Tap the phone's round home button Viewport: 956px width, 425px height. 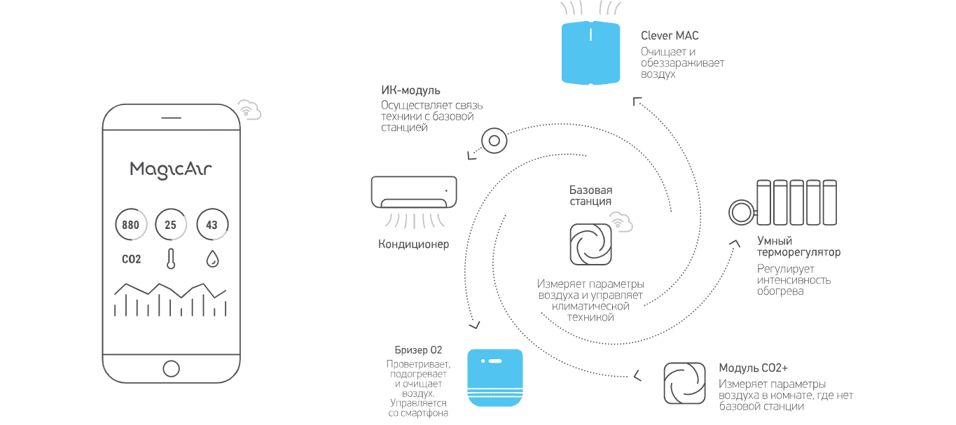pyautogui.click(x=171, y=368)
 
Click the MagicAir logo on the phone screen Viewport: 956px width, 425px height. pyautogui.click(x=171, y=169)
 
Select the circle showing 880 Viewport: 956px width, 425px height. pyautogui.click(x=130, y=225)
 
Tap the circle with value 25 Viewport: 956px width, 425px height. pyautogui.click(x=171, y=225)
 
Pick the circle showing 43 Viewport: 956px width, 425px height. pyautogui.click(x=212, y=225)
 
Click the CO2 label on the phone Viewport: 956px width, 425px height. pyautogui.click(x=131, y=259)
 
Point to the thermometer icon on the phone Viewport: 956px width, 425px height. pyautogui.click(x=170, y=259)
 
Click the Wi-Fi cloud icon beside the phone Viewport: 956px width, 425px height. pyautogui.click(x=249, y=110)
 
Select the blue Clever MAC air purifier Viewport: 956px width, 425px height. pyautogui.click(x=592, y=53)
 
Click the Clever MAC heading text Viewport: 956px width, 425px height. pyautogui.click(x=670, y=36)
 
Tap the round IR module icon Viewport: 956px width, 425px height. pyautogui.click(x=494, y=141)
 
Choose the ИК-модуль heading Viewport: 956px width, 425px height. pyautogui.click(x=410, y=90)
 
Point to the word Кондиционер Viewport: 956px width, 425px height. pyautogui.click(x=413, y=244)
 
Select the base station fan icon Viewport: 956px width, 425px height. pyautogui.click(x=590, y=244)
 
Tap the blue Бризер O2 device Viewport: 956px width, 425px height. pyautogui.click(x=495, y=378)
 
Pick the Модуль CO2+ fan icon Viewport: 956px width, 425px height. pyautogui.click(x=684, y=383)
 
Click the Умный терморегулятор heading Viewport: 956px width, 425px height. pyautogui.click(x=798, y=246)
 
